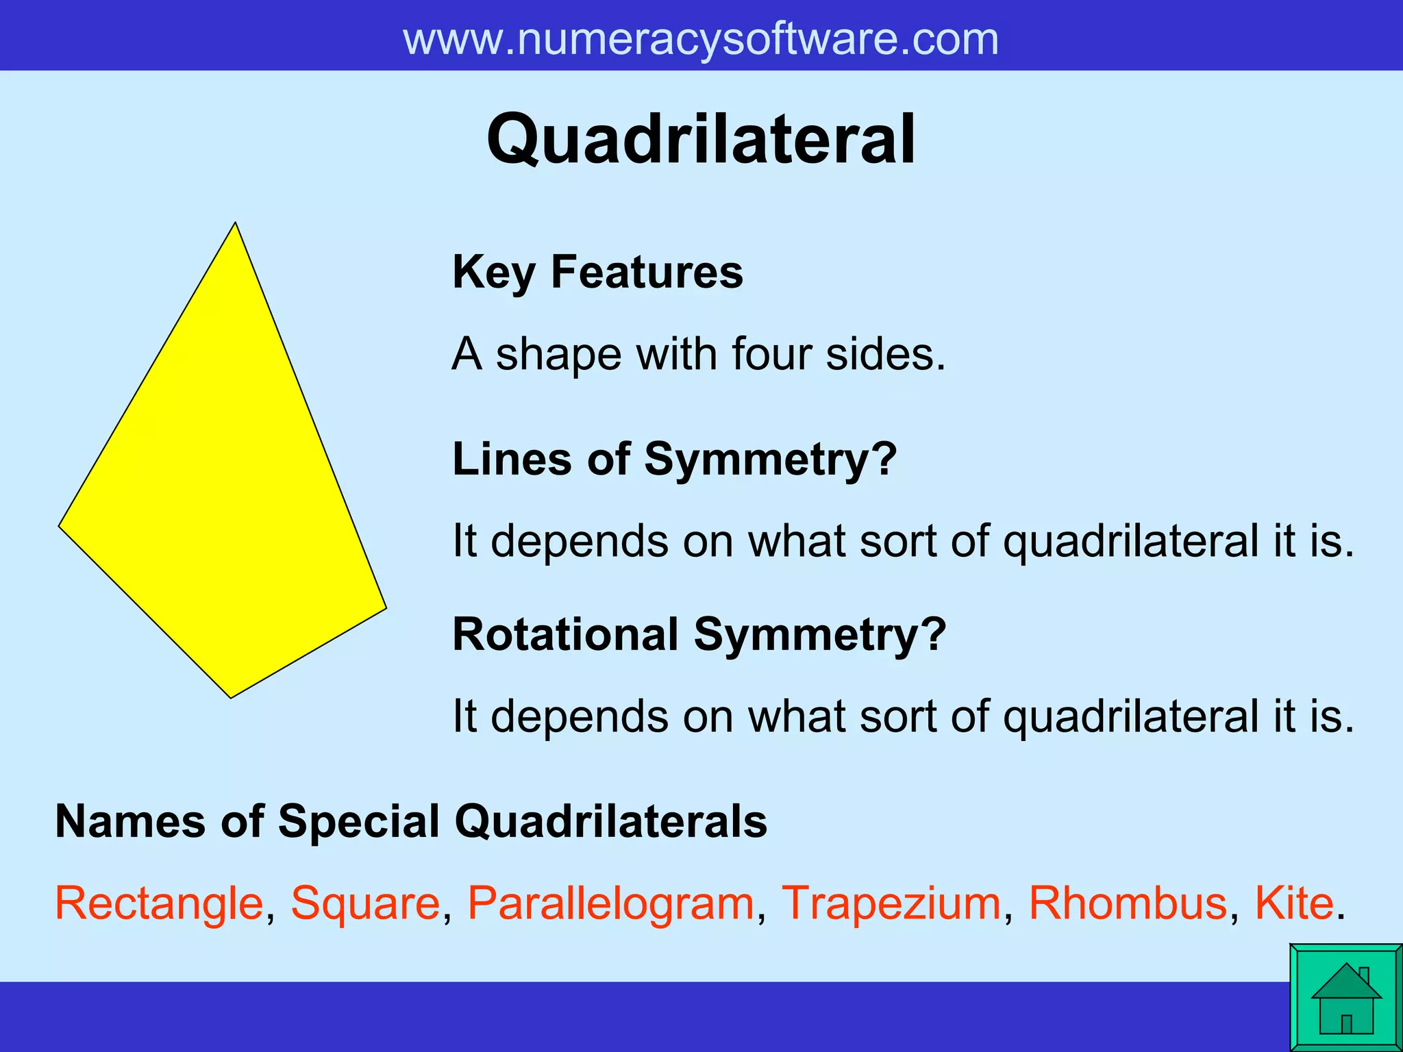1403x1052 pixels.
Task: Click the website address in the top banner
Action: (701, 39)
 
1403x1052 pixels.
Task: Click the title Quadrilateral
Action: (701, 140)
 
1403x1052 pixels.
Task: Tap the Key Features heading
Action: (597, 272)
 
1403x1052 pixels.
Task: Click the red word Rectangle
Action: (159, 903)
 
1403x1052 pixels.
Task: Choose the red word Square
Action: (365, 903)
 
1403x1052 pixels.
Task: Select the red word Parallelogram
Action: (610, 903)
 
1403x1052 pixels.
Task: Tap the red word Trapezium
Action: (891, 903)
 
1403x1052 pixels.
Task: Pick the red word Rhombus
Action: (1128, 903)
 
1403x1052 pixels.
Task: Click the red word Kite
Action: (1294, 903)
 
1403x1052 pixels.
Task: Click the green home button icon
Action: (1345, 998)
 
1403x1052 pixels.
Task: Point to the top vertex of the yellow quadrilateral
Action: (235, 224)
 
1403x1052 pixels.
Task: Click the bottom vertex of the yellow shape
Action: (232, 697)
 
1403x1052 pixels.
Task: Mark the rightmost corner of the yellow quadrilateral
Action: (385, 607)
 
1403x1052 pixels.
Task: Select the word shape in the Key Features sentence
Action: (558, 354)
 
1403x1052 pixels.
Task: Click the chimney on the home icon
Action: (1364, 974)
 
